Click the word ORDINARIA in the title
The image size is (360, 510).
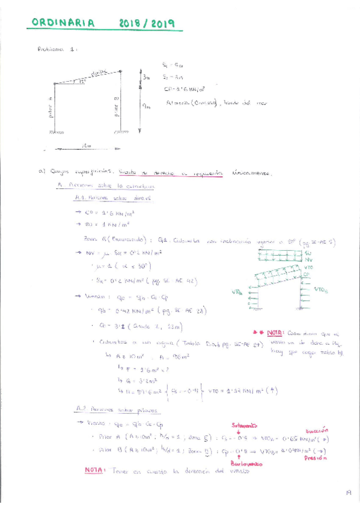[63, 23]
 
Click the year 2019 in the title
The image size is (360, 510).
[162, 23]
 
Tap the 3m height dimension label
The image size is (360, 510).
[147, 77]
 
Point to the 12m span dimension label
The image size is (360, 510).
[88, 145]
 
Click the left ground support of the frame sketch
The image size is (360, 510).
[57, 132]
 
